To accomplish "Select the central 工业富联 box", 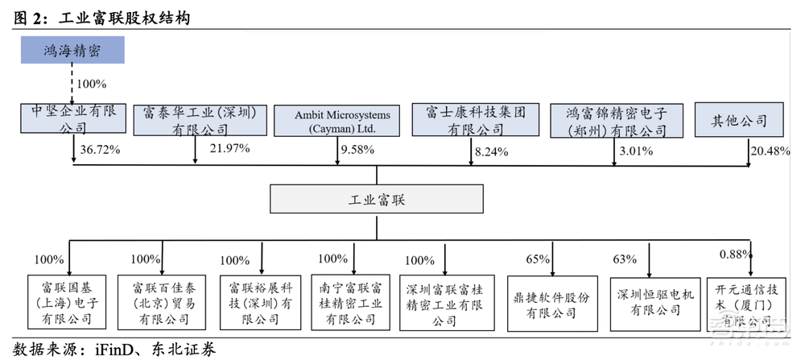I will (377, 199).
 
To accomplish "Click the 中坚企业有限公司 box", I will (73, 118).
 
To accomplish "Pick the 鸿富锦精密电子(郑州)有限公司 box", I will (616, 120).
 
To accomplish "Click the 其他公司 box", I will (738, 121).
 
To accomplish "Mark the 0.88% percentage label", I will (733, 255).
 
